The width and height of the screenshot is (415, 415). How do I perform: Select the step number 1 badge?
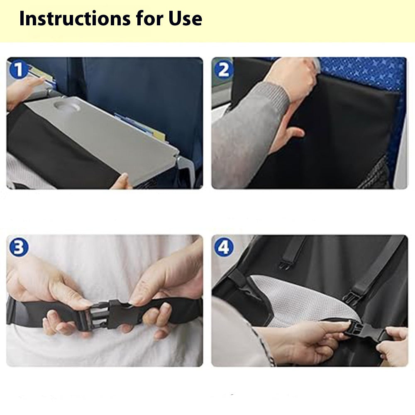pos(17,69)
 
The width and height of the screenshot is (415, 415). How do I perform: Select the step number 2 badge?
pos(224,69)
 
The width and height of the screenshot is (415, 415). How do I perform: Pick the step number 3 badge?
pos(17,248)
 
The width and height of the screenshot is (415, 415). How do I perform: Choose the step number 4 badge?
pos(224,248)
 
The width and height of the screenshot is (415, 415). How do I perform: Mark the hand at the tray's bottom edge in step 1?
pos(122,181)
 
